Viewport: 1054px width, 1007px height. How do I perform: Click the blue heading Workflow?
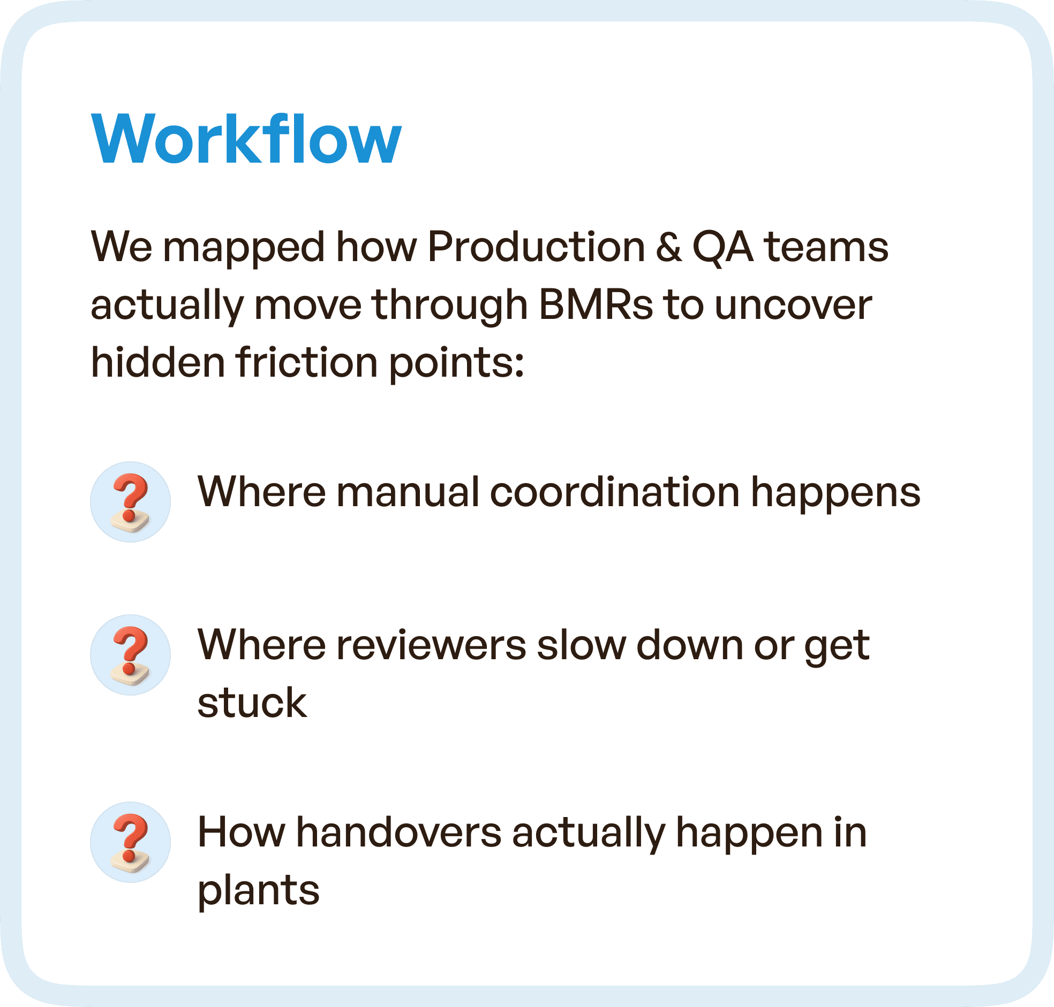coord(246,139)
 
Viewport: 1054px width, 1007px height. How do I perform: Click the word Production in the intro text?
coord(536,247)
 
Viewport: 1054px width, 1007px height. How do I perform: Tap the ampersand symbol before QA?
coord(668,247)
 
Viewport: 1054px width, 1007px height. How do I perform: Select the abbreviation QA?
coord(722,247)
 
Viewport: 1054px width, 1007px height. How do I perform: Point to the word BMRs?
coord(595,305)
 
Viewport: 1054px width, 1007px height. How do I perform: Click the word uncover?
coord(793,305)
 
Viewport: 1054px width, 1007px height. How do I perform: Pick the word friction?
coord(307,362)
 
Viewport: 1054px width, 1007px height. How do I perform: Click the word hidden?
coord(157,362)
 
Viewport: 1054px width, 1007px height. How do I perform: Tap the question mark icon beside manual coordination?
coord(130,502)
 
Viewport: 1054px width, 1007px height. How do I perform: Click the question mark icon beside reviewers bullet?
coord(130,655)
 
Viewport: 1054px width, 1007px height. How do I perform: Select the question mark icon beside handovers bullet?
coord(130,842)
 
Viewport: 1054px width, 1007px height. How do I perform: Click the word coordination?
coord(615,492)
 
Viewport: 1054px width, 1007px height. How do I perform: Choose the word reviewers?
coord(431,645)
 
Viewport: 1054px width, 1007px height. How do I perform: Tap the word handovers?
coord(398,833)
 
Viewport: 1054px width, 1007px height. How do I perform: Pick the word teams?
coord(826,247)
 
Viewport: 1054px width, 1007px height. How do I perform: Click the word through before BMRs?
coord(450,305)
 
